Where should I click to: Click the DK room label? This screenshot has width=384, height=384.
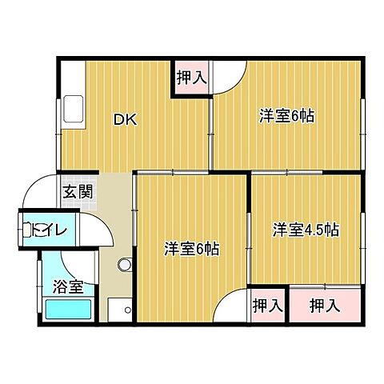click(x=125, y=121)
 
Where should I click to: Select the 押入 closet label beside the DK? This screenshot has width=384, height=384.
click(x=193, y=78)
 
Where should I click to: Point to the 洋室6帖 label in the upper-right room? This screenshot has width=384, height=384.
click(x=286, y=116)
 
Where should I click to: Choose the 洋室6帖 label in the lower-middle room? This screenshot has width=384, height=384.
click(x=192, y=248)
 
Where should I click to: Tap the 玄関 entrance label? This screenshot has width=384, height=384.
click(x=78, y=192)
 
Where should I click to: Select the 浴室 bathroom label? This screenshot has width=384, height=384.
click(x=67, y=286)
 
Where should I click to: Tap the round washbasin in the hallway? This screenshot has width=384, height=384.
click(x=124, y=265)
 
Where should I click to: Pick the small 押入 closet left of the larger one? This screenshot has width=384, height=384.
click(x=267, y=305)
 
